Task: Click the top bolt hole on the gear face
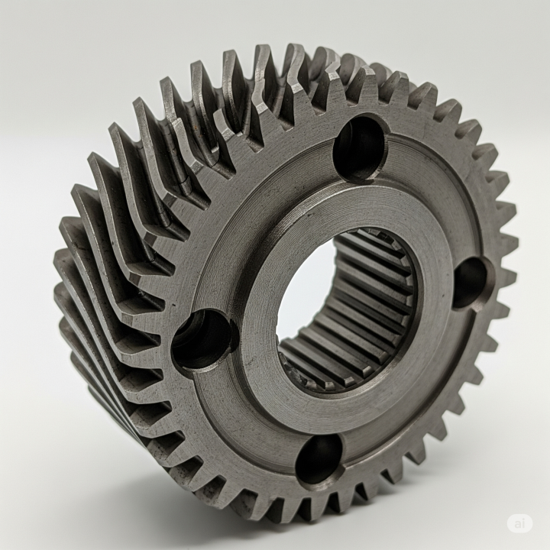[x=360, y=147]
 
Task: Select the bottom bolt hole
[x=320, y=460]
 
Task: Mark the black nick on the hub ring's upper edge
[x=309, y=213]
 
